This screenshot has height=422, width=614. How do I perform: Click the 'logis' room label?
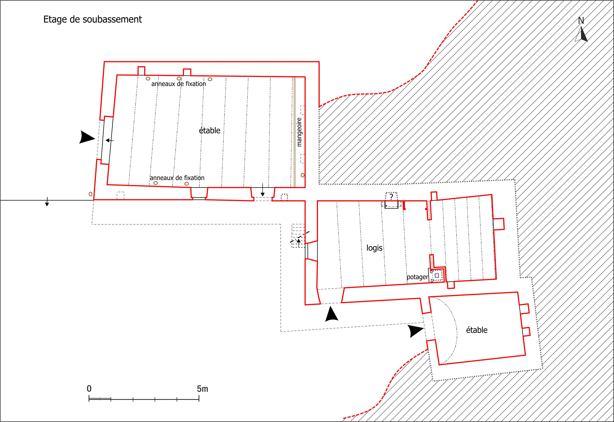tap(374, 248)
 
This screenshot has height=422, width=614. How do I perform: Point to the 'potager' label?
tap(417, 277)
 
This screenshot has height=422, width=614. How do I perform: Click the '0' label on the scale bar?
tap(89, 389)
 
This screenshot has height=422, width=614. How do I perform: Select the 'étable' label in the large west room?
tap(210, 130)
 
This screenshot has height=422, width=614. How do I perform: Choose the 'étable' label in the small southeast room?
tap(477, 330)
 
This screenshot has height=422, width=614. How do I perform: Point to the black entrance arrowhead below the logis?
tap(332, 314)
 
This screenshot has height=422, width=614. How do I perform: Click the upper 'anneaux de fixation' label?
tap(179, 84)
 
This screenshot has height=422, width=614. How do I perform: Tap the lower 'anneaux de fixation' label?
tap(177, 178)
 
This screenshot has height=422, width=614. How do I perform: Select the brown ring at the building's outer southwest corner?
tap(91, 194)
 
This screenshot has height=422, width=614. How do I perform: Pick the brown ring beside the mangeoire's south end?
tap(303, 175)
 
